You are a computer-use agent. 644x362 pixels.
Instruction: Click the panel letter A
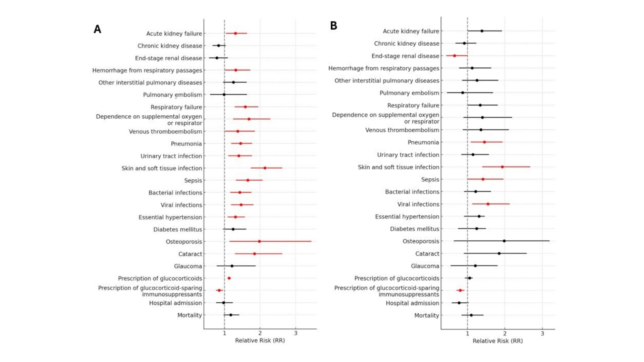[97, 29]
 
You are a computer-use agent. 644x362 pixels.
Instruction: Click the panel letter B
[333, 25]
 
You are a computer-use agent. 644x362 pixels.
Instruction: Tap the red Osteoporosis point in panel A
[259, 241]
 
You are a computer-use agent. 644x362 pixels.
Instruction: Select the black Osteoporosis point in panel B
[504, 241]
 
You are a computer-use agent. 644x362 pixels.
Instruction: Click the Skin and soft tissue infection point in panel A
[265, 168]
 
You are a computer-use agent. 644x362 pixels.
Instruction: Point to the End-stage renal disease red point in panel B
[455, 56]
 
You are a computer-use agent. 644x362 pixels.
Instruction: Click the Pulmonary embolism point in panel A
[224, 95]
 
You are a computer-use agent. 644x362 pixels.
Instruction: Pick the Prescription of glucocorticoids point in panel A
[229, 278]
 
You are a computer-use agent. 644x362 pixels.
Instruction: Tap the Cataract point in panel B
[499, 253]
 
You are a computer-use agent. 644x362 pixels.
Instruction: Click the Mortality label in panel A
[190, 315]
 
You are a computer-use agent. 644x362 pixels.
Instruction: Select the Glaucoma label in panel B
[425, 266]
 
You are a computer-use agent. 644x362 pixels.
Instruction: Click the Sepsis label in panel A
[193, 181]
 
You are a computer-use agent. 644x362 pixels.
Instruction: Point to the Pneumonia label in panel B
[423, 142]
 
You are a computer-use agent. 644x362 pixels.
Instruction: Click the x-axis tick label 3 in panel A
[296, 333]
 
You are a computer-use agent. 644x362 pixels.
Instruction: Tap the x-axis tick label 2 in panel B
[505, 334]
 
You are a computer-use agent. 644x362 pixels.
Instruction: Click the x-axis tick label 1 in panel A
[224, 333]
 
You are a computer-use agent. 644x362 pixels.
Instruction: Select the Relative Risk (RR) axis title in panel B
[498, 341]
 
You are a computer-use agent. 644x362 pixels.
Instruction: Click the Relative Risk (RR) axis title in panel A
[260, 341]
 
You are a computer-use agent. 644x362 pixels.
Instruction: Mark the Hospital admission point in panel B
[459, 303]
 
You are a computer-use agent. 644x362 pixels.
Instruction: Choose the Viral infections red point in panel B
[488, 204]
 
